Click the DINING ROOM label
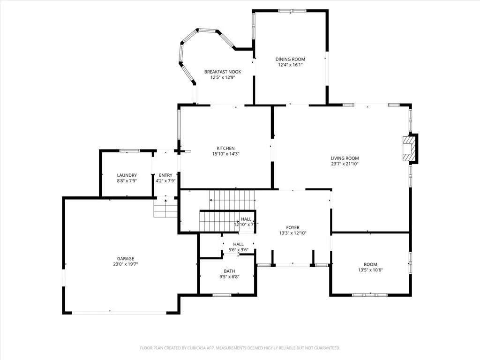point(290,59)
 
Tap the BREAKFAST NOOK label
point(223,72)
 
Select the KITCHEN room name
point(225,148)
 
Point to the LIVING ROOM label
point(345,158)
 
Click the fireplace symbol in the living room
point(410,149)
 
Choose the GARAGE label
point(125,258)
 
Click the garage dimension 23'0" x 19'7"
point(125,264)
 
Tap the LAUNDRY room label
point(127,175)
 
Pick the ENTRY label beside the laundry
point(165,175)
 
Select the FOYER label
point(292,227)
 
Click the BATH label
point(229,271)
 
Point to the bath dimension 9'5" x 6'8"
point(229,277)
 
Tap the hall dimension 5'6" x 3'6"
point(238,250)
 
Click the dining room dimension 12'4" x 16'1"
point(290,65)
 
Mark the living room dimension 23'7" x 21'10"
point(345,164)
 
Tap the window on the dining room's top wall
point(292,10)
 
